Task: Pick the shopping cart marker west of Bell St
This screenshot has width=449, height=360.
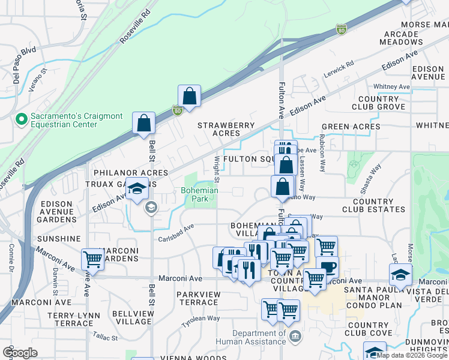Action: click(x=93, y=259)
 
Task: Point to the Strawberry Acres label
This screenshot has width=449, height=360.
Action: click(x=227, y=129)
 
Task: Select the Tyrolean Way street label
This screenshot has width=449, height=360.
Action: click(x=201, y=319)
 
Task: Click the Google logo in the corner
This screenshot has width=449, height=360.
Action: click(x=20, y=352)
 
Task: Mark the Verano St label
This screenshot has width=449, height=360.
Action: click(x=37, y=80)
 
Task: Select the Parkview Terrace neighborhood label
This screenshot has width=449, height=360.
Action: click(x=198, y=298)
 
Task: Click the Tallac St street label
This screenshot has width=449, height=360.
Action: click(x=106, y=338)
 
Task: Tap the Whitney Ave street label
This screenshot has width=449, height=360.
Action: click(x=391, y=87)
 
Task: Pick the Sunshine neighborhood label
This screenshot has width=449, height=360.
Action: click(x=58, y=239)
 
